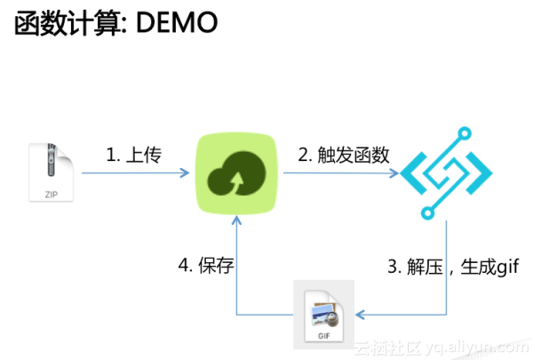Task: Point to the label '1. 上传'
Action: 133,155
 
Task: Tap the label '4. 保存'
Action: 206,266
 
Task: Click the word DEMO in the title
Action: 172,24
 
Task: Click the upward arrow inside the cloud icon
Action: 235,183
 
